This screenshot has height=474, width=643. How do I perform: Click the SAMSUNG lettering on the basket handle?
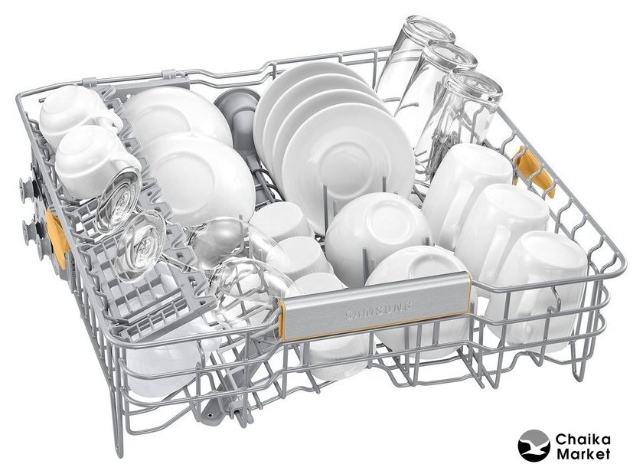click(378, 310)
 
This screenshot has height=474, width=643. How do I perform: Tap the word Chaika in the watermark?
click(583, 440)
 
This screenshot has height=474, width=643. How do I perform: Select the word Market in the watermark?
click(583, 454)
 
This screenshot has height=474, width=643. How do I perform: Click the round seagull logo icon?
click(534, 446)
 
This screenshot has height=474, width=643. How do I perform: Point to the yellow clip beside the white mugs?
click(535, 172)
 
